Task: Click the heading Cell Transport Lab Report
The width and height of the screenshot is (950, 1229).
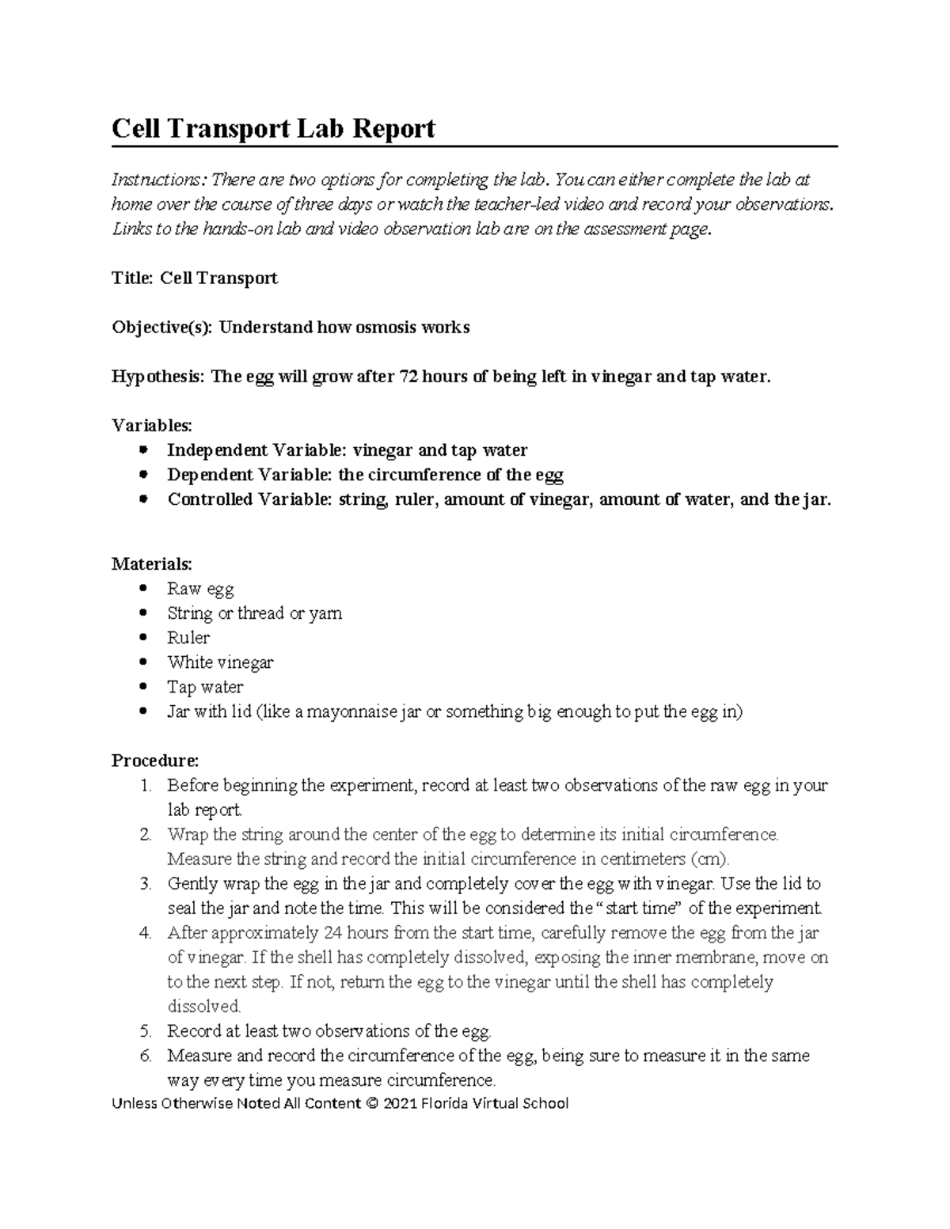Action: [x=273, y=128]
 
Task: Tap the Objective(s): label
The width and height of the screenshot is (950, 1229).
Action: [x=161, y=327]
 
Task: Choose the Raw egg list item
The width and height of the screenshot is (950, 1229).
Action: [x=200, y=589]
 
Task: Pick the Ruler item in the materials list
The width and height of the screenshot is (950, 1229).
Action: [x=188, y=638]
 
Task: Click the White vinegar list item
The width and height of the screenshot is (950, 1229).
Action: [x=220, y=662]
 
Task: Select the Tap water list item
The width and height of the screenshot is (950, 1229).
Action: [x=205, y=687]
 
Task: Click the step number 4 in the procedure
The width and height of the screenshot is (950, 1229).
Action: [x=144, y=932]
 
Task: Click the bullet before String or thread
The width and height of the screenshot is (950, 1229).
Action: [x=142, y=613]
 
